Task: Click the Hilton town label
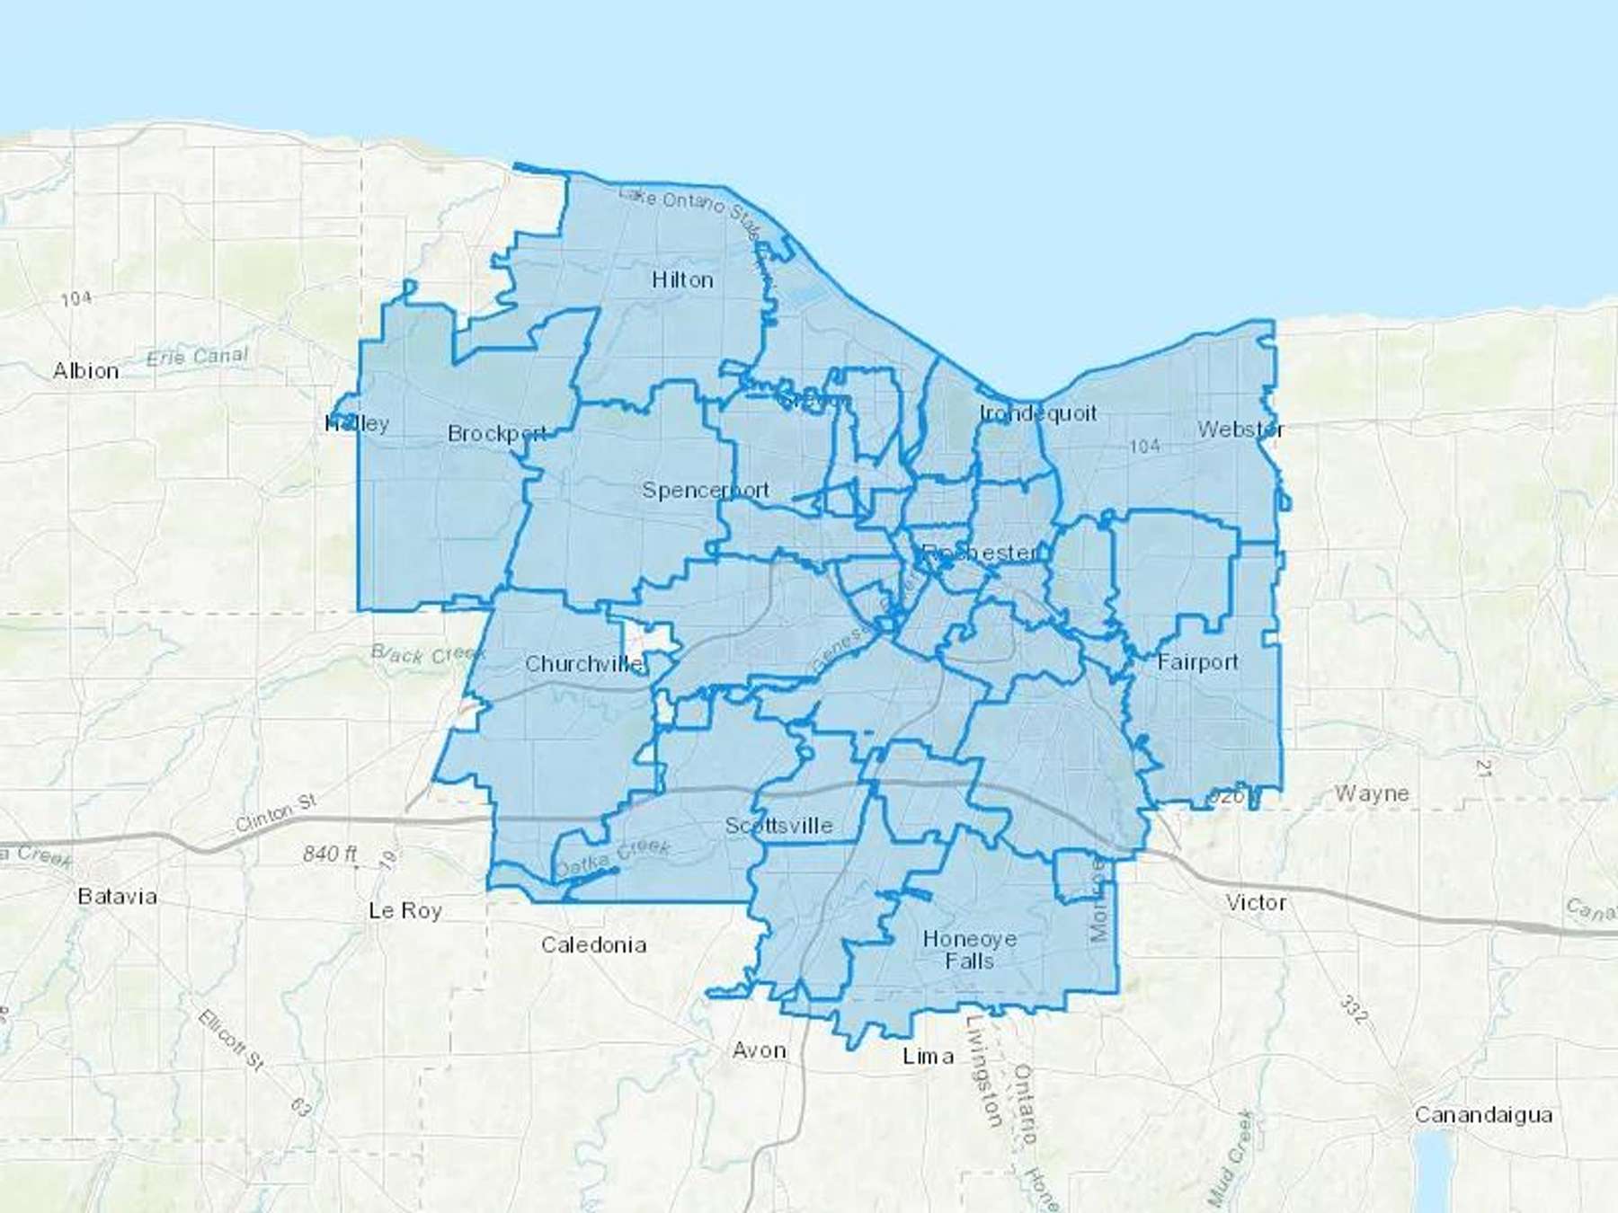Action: [682, 280]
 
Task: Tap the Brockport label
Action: [497, 433]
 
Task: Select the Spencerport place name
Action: [706, 490]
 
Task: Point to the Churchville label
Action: [584, 664]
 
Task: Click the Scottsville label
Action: [779, 826]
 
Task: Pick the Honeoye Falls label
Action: [970, 950]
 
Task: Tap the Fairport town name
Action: [1197, 662]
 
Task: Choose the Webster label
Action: [1240, 429]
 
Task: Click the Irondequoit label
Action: [1038, 413]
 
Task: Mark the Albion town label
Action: [85, 370]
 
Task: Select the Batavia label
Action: [117, 896]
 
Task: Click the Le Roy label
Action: [405, 910]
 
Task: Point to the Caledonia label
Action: [593, 944]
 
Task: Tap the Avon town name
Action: [760, 1050]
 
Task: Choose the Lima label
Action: [928, 1056]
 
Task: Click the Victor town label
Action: [1256, 902]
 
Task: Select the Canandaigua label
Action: [1483, 1115]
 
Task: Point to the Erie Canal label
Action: [197, 357]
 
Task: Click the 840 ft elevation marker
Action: [330, 853]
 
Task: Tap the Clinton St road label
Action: [276, 812]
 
